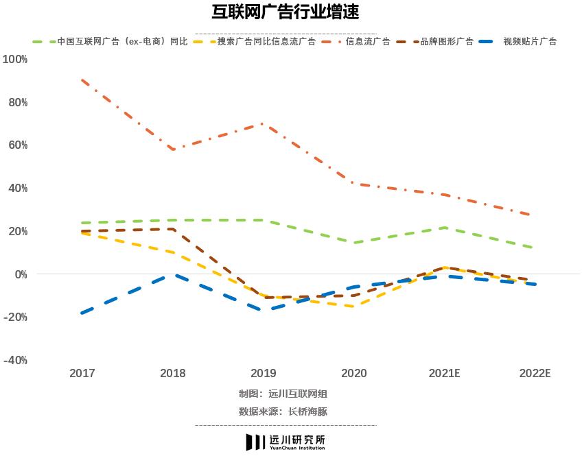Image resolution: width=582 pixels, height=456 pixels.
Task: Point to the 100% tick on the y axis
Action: click(x=15, y=60)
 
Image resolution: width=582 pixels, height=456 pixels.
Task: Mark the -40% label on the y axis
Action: click(x=15, y=360)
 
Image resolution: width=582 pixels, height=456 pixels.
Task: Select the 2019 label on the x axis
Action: click(x=264, y=374)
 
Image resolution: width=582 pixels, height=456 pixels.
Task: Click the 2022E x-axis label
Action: click(x=535, y=374)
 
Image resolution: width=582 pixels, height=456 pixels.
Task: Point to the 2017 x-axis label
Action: click(x=82, y=374)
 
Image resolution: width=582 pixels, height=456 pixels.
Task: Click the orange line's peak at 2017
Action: click(x=82, y=80)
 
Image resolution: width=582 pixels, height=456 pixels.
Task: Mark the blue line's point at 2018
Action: click(x=173, y=275)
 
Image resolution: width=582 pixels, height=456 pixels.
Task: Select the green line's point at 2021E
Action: click(x=445, y=228)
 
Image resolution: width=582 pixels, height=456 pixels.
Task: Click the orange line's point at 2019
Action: click(x=264, y=124)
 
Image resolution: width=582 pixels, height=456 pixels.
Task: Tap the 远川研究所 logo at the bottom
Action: click(x=286, y=442)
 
